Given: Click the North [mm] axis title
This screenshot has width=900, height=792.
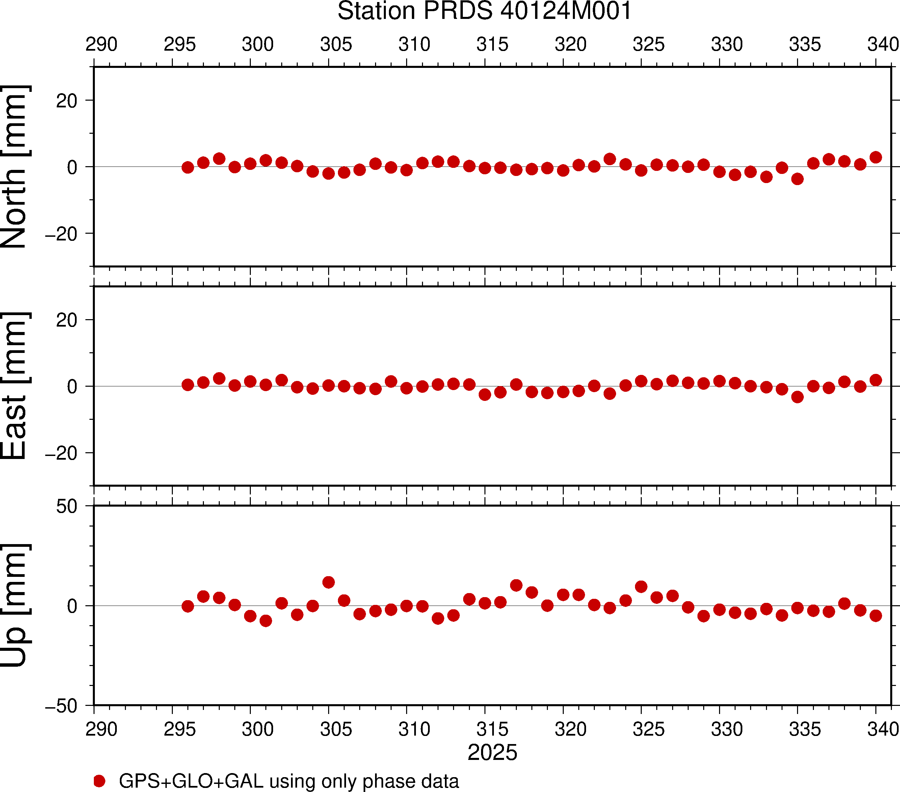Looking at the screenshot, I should tap(15, 167).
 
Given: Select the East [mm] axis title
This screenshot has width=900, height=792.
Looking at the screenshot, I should tap(15, 386).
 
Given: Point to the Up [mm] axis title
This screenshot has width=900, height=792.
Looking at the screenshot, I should tap(15, 606).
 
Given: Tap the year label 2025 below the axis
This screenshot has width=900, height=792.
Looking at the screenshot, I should tap(492, 752).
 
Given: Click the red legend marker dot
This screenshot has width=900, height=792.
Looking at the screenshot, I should tap(100, 781).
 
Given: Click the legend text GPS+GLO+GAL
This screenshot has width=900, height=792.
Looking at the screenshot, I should tap(191, 781).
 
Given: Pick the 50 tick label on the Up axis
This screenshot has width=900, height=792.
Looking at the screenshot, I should tap(67, 507).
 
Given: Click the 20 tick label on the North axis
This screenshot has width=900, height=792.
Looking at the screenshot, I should tap(67, 101).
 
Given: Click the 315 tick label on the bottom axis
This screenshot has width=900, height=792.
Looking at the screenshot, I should tap(492, 730).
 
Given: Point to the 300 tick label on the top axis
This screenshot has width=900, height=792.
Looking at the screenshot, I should tap(258, 45).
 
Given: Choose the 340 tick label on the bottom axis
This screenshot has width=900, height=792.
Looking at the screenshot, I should tap(883, 730).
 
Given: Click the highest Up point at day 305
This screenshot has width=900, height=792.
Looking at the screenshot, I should tap(328, 582).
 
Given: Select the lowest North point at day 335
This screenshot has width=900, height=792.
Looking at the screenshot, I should tap(797, 179).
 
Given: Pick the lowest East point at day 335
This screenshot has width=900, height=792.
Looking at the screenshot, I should tap(797, 397).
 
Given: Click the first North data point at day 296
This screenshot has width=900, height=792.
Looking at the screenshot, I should tap(188, 168).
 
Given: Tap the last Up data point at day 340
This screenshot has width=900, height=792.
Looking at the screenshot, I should tap(876, 616).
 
